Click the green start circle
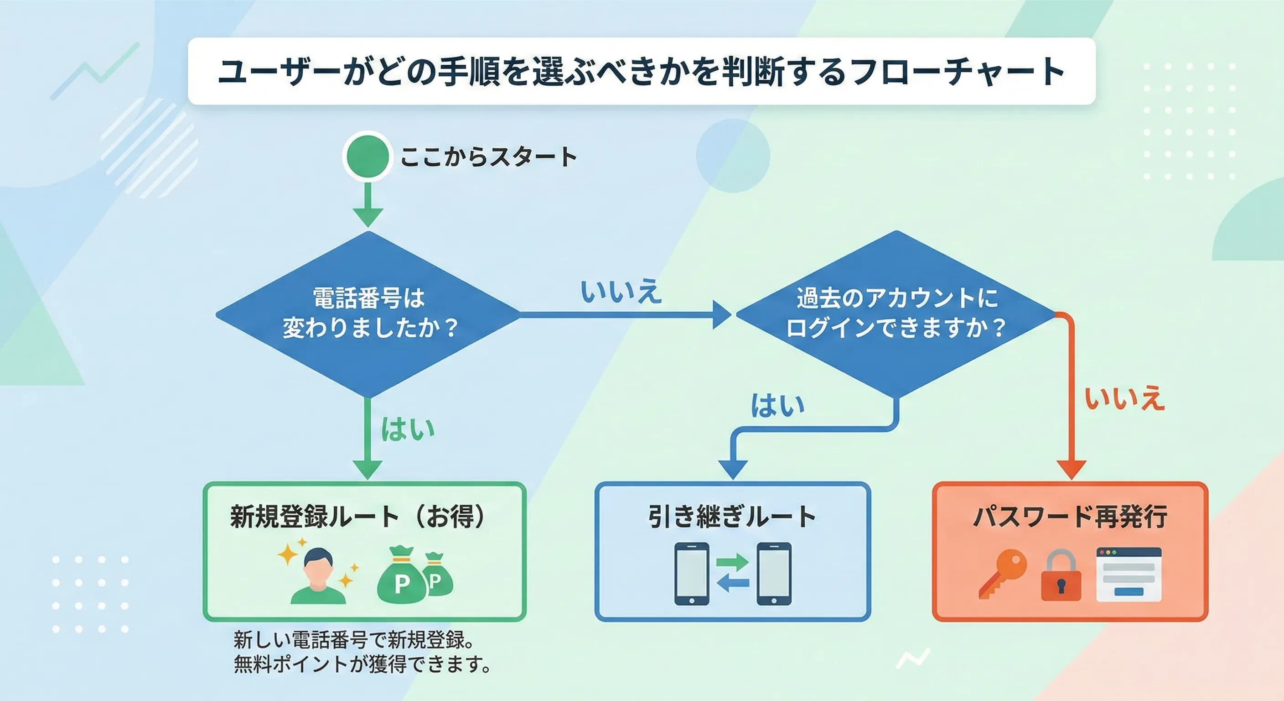[368, 156]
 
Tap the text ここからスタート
[488, 157]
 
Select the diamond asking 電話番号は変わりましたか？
[368, 314]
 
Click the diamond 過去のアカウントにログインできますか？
[896, 314]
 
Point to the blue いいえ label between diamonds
[621, 292]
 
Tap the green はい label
[407, 429]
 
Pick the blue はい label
[777, 405]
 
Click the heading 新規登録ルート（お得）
[357, 517]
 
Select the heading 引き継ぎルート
[732, 517]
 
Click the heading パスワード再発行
[1070, 517]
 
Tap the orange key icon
[1001, 574]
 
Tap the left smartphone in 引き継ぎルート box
[691, 574]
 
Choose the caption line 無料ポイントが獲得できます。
[362, 664]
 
